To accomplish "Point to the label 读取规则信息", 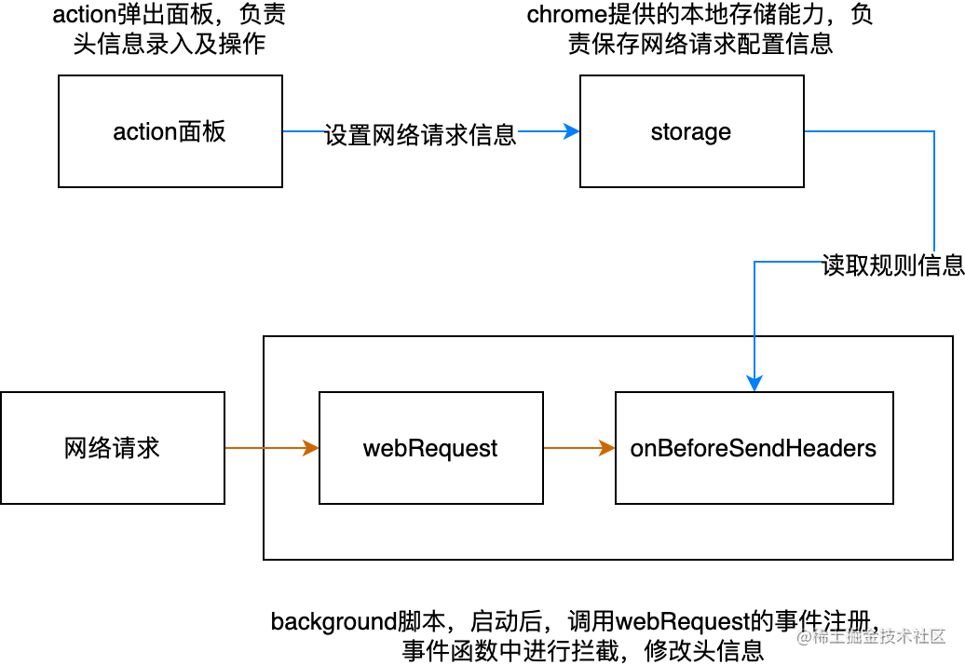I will (892, 265).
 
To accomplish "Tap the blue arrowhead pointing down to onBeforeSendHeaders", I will (754, 383).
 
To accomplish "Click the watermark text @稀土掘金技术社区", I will (869, 635).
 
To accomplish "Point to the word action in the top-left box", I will (144, 132).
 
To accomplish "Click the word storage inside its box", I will (690, 132).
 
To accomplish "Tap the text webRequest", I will (430, 449).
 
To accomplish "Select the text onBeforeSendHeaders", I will (754, 449).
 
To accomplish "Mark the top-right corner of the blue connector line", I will (933, 131).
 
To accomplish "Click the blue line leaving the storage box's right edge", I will (866, 131).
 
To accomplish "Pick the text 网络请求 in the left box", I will (112, 448).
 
